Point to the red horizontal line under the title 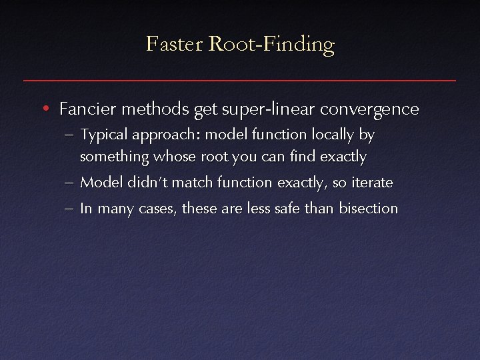(x=240, y=80)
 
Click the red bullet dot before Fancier (x=43, y=108)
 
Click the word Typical (x=104, y=135)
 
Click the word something (x=113, y=157)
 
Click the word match (x=191, y=182)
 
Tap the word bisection (x=368, y=208)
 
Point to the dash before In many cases (x=70, y=209)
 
